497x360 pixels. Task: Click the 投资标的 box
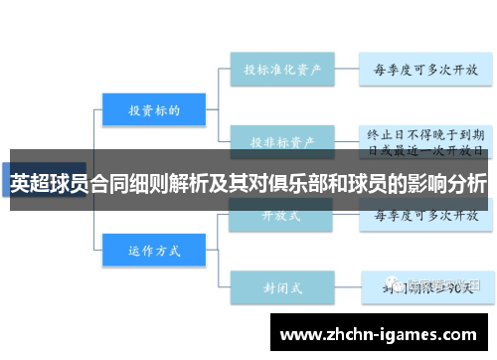(x=153, y=110)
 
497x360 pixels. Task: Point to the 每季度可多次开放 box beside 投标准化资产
(x=425, y=70)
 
